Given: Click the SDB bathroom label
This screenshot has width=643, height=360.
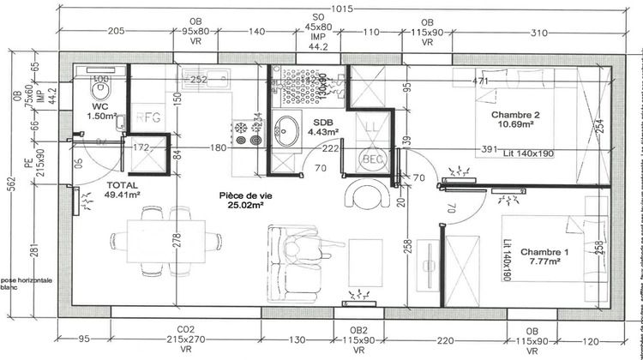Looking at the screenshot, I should (298, 123).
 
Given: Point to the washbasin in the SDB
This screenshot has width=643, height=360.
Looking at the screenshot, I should (285, 130).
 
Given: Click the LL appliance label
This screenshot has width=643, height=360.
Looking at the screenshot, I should (370, 129).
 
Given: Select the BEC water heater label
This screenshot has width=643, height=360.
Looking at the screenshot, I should (370, 159).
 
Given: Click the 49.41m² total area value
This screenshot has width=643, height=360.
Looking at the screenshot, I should (122, 195).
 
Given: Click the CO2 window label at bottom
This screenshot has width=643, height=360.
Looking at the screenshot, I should (184, 329).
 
